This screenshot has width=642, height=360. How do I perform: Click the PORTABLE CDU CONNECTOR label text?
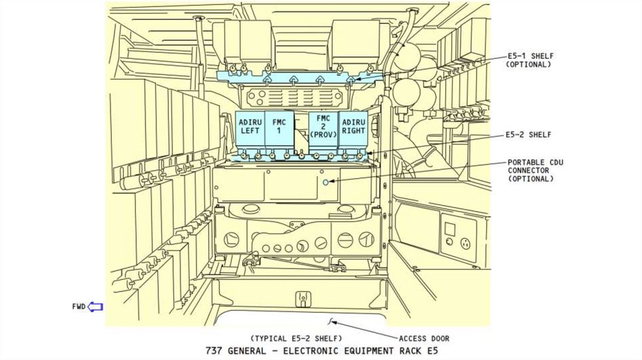pyautogui.click(x=535, y=171)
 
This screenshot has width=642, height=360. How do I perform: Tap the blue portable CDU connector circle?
pyautogui.click(x=325, y=181)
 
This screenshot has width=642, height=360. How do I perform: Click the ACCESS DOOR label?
pyautogui.click(x=424, y=339)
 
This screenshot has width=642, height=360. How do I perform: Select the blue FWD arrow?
pyautogui.click(x=95, y=307)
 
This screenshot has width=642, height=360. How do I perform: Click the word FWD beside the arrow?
pyautogui.click(x=78, y=307)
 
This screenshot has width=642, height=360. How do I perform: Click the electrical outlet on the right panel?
pyautogui.click(x=465, y=243)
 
